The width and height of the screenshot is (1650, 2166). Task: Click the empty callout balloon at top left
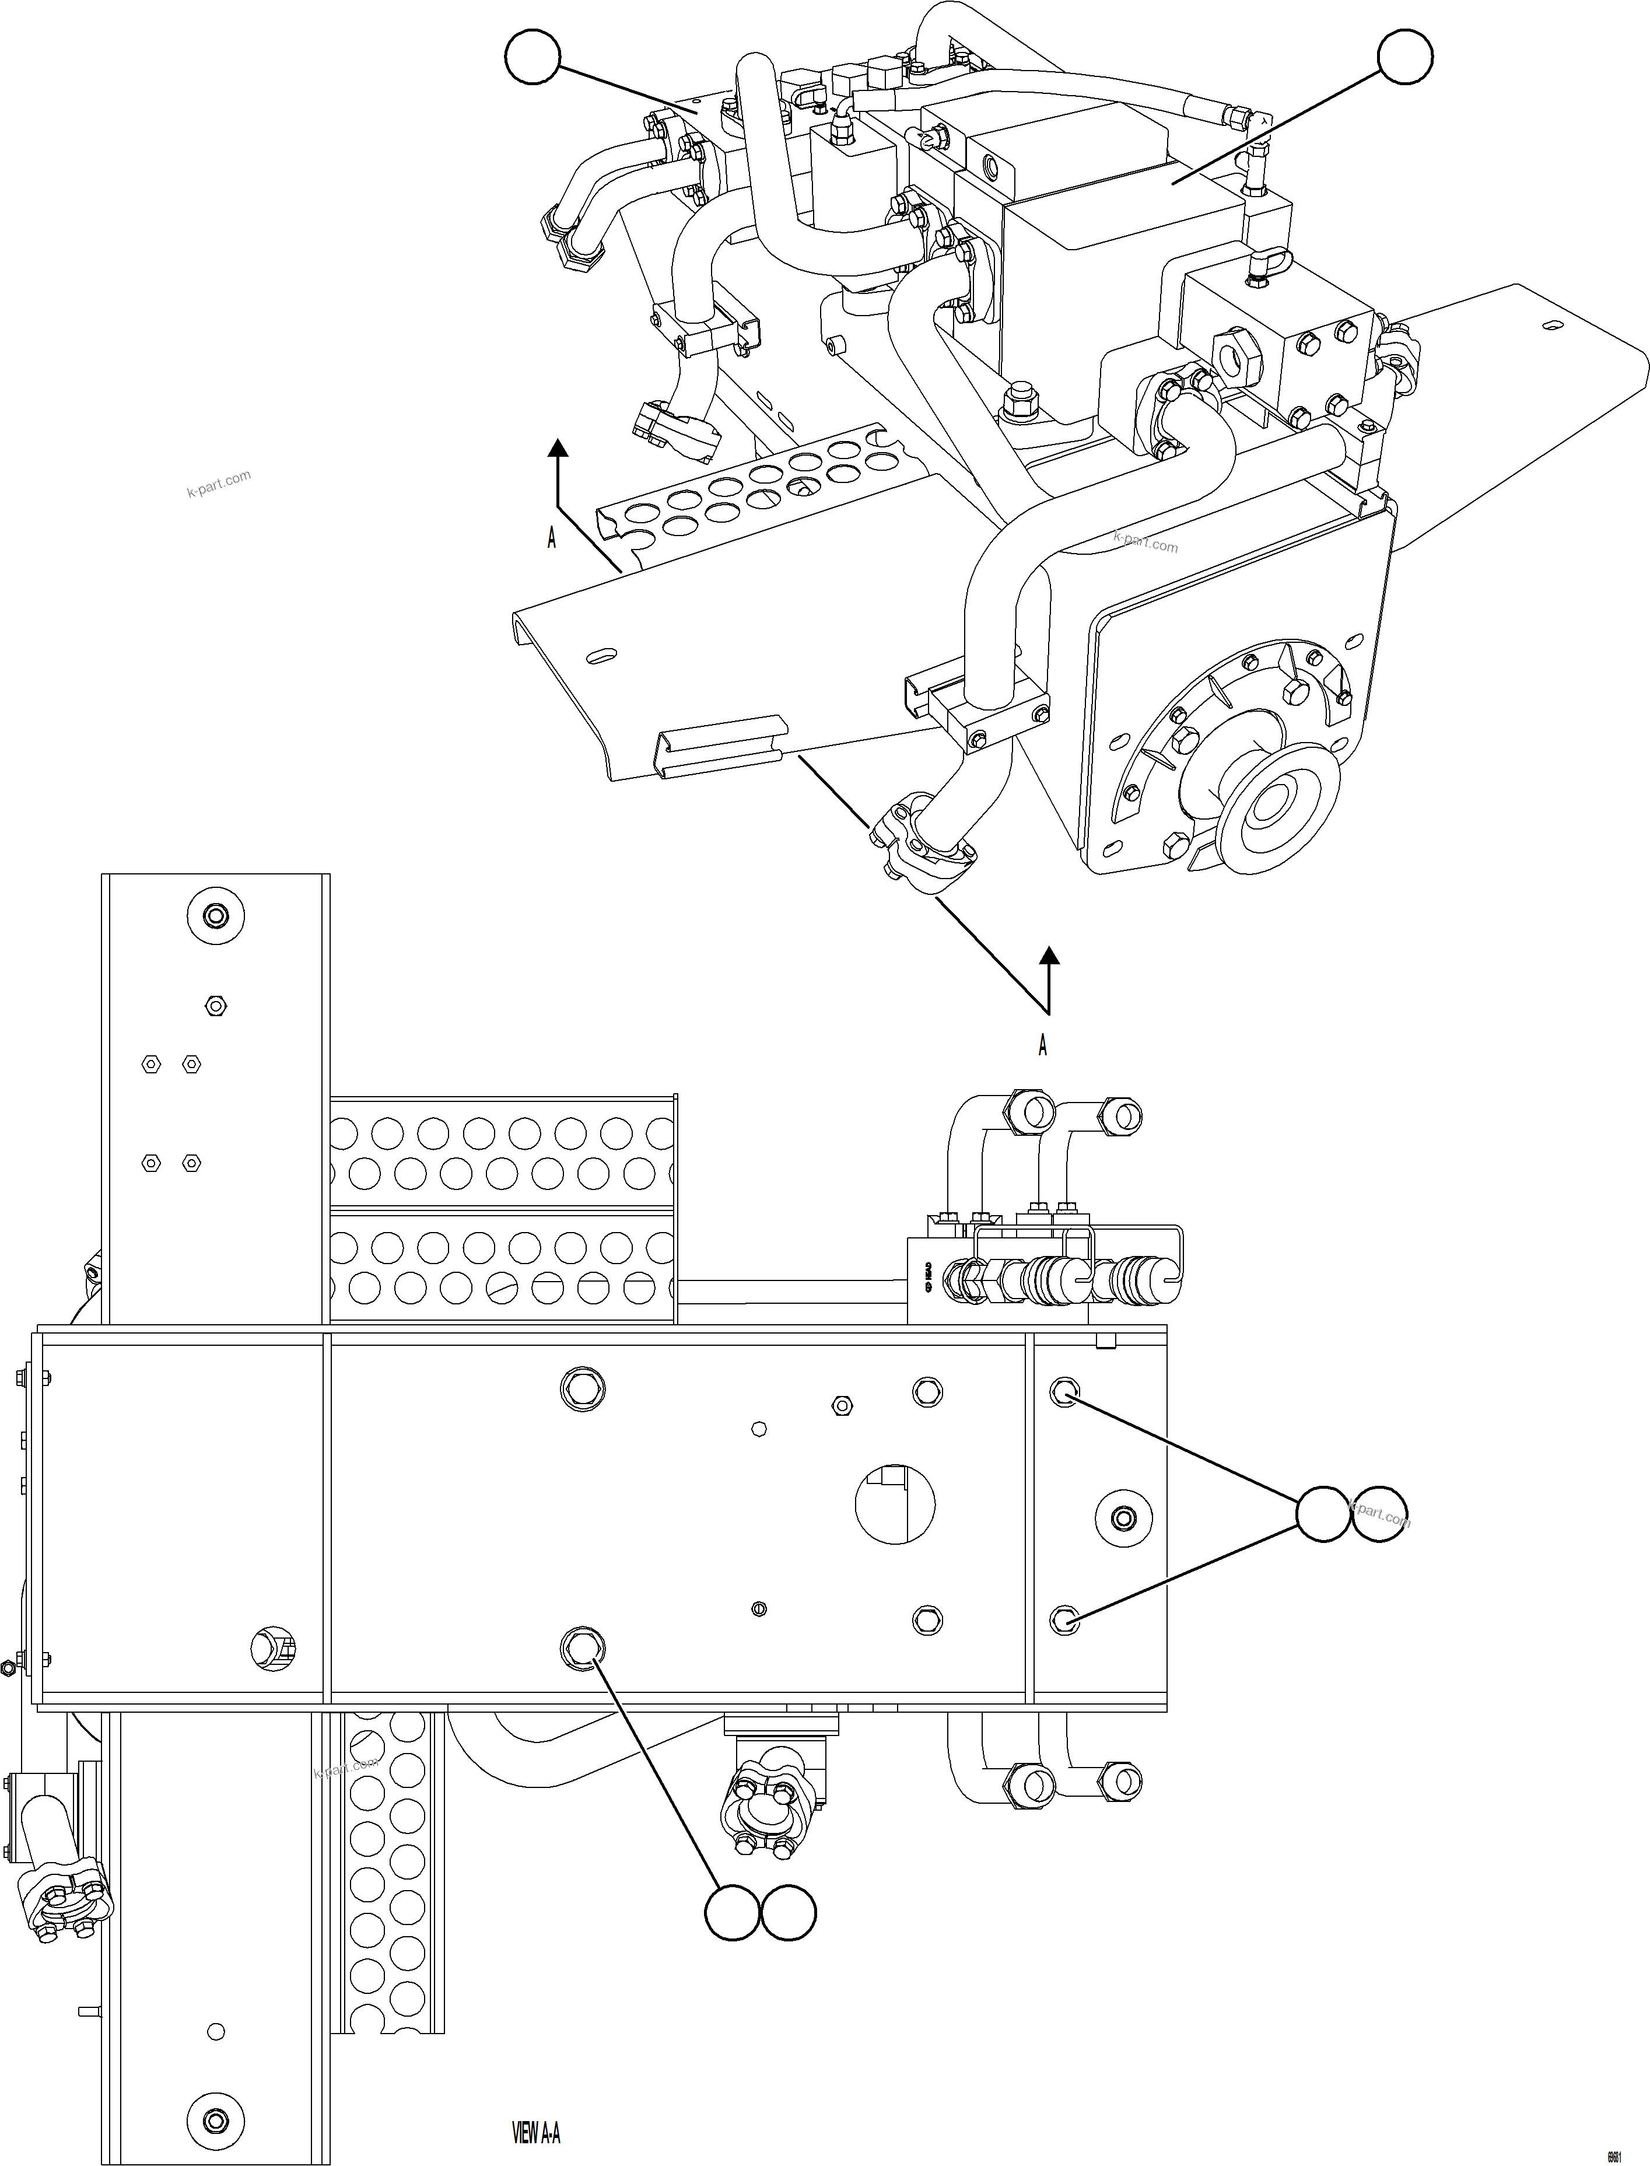(533, 58)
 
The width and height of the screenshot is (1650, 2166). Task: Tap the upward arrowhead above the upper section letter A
(558, 450)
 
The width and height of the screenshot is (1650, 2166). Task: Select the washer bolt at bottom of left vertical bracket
(215, 2111)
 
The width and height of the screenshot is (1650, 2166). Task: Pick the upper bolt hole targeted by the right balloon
(1064, 1391)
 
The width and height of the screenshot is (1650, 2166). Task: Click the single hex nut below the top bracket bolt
(215, 1006)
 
